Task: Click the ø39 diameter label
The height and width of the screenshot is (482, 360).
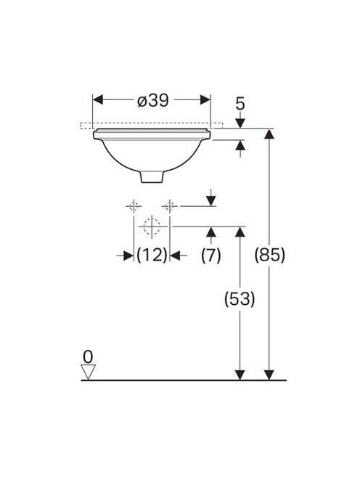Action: [x=153, y=100]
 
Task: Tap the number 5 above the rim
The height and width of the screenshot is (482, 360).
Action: [x=240, y=104]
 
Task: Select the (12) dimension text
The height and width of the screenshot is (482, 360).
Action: [x=152, y=255]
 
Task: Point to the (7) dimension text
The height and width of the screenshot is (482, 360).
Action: [x=211, y=255]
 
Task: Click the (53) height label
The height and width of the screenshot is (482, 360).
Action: [x=240, y=298]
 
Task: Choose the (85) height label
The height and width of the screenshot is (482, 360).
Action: [x=269, y=255]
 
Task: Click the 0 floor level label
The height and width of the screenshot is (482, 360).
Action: [x=88, y=357]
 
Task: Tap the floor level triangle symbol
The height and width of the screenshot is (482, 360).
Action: [x=88, y=372]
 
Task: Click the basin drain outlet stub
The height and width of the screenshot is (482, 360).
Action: [x=152, y=176]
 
